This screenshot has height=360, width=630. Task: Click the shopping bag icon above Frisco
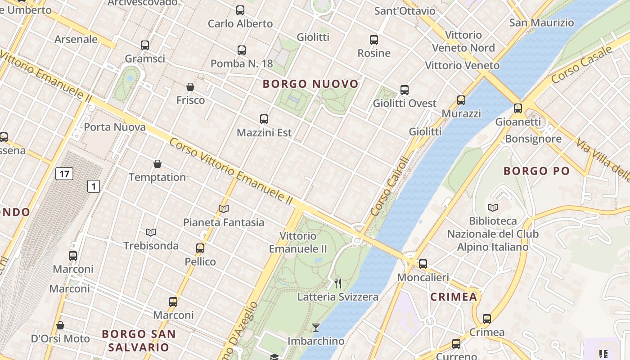click(x=190, y=86)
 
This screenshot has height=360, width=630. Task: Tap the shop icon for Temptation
click(x=157, y=164)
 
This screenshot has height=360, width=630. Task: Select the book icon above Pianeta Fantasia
click(x=224, y=209)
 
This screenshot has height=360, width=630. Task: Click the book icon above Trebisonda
click(x=151, y=232)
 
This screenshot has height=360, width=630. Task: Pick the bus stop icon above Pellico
click(x=200, y=248)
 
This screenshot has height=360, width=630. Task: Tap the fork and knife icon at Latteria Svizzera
click(x=338, y=283)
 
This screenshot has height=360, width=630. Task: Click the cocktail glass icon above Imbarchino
click(x=316, y=328)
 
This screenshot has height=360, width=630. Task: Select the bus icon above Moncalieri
click(x=423, y=264)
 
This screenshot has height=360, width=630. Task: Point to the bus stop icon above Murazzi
click(x=461, y=100)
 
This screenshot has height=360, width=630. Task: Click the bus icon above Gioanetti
click(x=518, y=108)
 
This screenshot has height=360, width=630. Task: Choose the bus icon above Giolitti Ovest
click(x=405, y=90)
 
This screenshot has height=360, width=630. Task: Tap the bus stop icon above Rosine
click(x=374, y=40)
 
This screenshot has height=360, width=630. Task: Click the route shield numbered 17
click(x=64, y=174)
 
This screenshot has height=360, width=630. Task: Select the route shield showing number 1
click(x=94, y=186)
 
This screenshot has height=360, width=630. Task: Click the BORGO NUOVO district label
click(x=310, y=84)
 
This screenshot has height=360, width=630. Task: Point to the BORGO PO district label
click(x=536, y=171)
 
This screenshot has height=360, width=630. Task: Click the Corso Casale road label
click(x=581, y=64)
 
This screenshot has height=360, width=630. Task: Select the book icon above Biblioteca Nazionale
click(x=493, y=207)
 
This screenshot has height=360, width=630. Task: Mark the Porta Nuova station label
click(x=115, y=127)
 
